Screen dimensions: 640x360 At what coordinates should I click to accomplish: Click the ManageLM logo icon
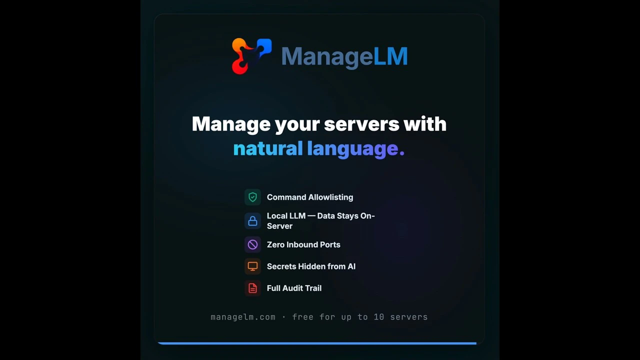(251, 56)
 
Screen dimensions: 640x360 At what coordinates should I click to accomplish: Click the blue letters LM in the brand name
(390, 56)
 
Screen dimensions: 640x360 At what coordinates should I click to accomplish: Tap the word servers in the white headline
(361, 124)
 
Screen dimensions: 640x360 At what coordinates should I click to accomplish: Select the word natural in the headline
(268, 148)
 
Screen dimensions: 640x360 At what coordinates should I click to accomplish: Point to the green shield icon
(252, 197)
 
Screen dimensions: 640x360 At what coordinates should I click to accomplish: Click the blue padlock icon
(252, 221)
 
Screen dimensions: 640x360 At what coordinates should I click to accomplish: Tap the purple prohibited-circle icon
(252, 244)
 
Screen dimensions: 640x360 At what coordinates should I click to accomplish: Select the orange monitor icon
(252, 266)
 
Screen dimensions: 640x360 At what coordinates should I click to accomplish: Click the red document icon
(252, 288)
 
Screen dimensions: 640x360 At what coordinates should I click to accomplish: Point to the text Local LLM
(286, 215)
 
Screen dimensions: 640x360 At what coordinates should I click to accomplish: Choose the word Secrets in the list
(281, 266)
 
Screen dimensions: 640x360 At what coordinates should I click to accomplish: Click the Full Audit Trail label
(294, 288)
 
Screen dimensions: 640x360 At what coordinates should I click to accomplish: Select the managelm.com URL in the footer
(243, 317)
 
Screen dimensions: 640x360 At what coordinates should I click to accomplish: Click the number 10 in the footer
(379, 317)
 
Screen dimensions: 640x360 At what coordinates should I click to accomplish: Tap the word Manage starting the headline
(231, 124)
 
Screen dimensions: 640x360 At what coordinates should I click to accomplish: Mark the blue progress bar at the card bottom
(317, 343)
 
